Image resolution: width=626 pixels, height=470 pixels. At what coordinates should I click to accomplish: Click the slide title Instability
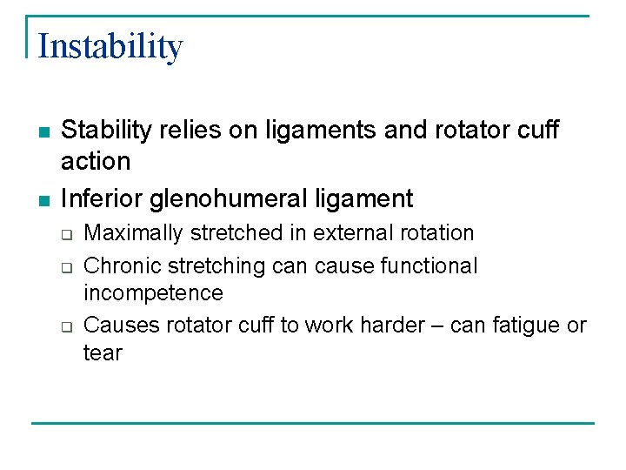(110, 46)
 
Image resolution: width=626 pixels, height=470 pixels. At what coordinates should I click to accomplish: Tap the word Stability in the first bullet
(103, 131)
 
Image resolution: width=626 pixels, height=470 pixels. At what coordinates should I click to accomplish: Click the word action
(96, 161)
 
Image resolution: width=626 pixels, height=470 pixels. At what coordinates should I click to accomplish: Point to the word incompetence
(153, 293)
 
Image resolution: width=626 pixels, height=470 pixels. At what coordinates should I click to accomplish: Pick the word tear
(103, 353)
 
